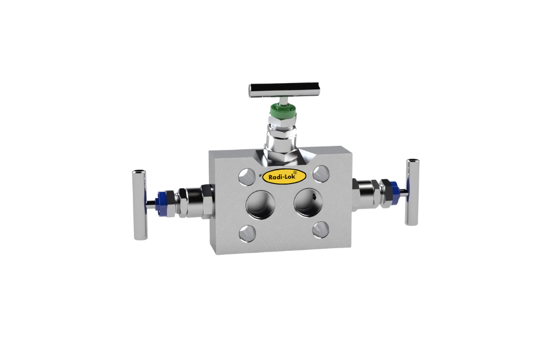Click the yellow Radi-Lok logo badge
[x=280, y=177]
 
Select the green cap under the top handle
[x=281, y=108]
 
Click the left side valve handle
[x=139, y=204]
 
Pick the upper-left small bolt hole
[x=246, y=174]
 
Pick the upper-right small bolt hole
[x=321, y=172]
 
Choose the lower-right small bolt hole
[x=320, y=229]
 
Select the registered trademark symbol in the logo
[x=295, y=172]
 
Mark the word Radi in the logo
[x=273, y=177]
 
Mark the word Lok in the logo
[x=288, y=177]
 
